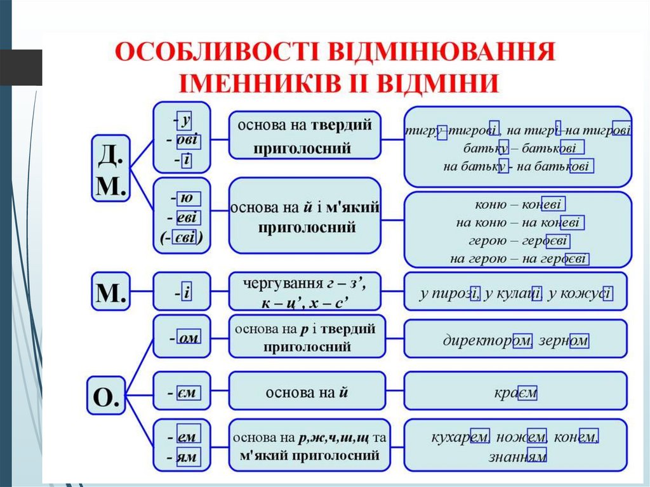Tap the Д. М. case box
tap(112, 168)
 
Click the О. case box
tap(106, 397)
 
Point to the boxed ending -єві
tap(187, 239)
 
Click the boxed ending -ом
tap(189, 339)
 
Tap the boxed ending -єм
tap(188, 394)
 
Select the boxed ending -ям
tap(188, 457)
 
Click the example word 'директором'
tap(486, 340)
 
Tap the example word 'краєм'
tap(515, 393)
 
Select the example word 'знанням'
tap(517, 457)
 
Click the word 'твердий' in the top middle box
tap(341, 124)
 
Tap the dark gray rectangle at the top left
tap(21, 67)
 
